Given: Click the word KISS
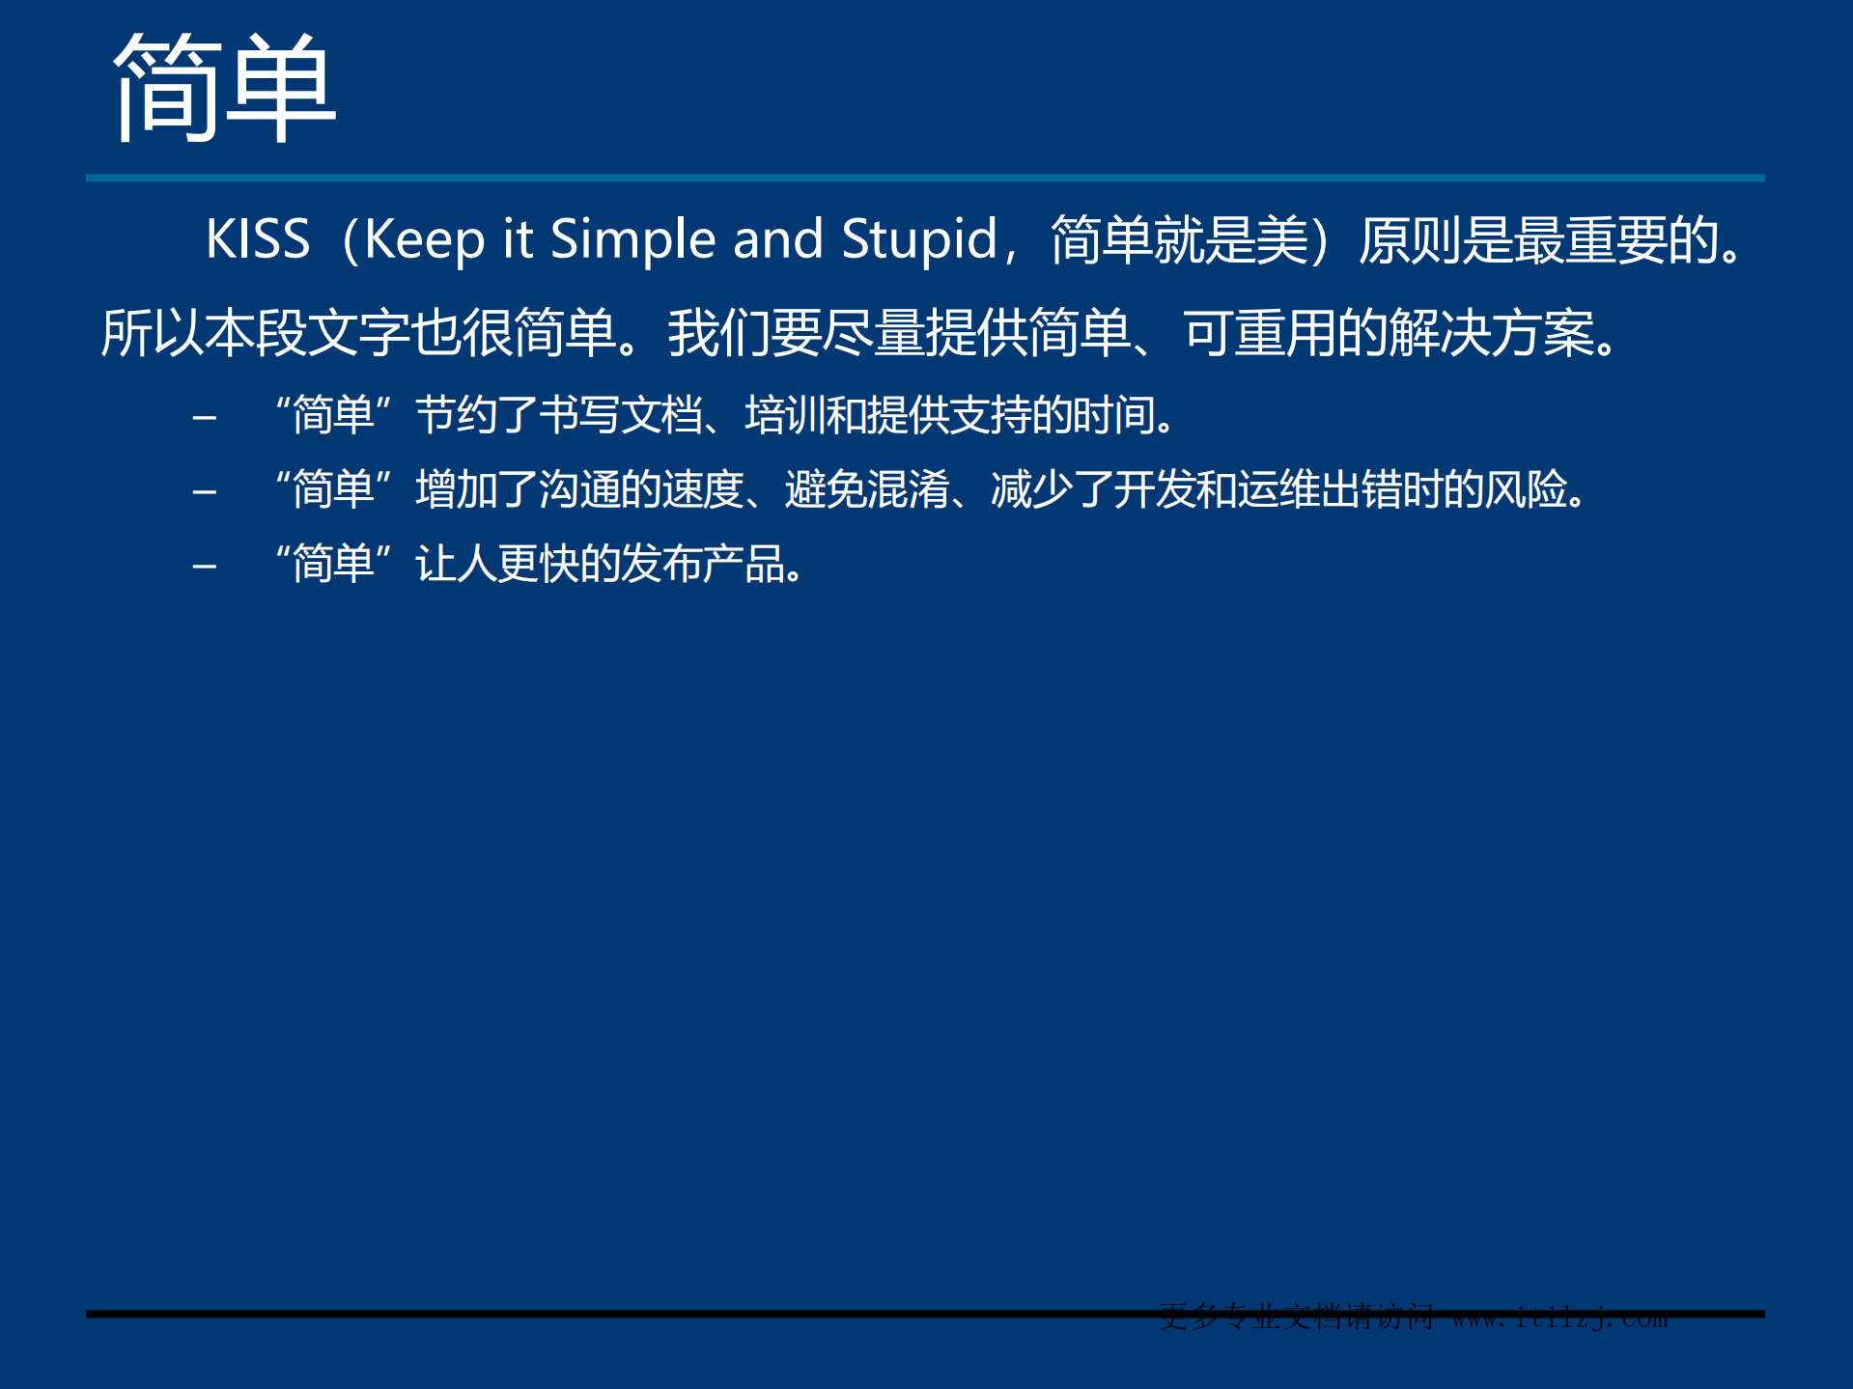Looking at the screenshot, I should click(x=258, y=238).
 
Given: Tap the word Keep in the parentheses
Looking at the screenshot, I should click(x=424, y=239).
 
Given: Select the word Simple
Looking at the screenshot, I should click(x=632, y=239).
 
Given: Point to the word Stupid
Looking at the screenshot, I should click(x=918, y=239).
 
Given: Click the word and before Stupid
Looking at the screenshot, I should click(x=777, y=239).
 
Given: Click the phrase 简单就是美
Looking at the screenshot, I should click(x=1179, y=239).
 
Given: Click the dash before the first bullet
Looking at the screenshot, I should click(x=204, y=418).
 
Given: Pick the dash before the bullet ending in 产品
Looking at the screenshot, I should click(x=204, y=567).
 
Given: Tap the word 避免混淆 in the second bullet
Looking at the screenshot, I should click(x=866, y=489).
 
